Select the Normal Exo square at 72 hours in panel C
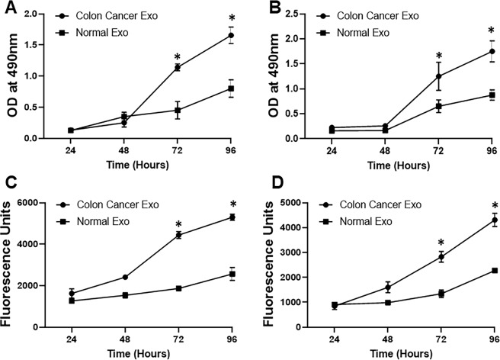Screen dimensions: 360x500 [177, 288]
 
